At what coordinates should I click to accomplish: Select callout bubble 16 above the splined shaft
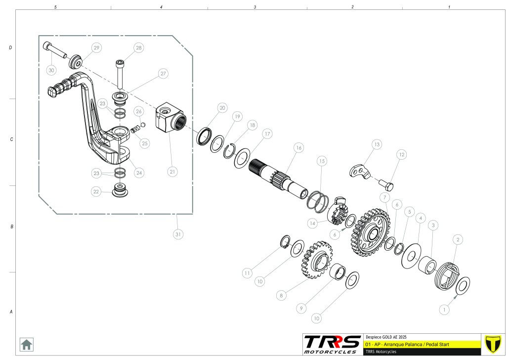(298, 148)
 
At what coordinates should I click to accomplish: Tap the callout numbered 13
(377, 144)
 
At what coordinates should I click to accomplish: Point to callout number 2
(458, 240)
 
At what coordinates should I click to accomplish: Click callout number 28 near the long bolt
(138, 48)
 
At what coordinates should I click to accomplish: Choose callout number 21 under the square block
(172, 172)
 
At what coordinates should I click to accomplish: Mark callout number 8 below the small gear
(281, 295)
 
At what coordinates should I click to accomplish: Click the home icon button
(26, 344)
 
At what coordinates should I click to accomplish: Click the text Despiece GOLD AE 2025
(386, 336)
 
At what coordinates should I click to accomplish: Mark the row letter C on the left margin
(11, 139)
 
